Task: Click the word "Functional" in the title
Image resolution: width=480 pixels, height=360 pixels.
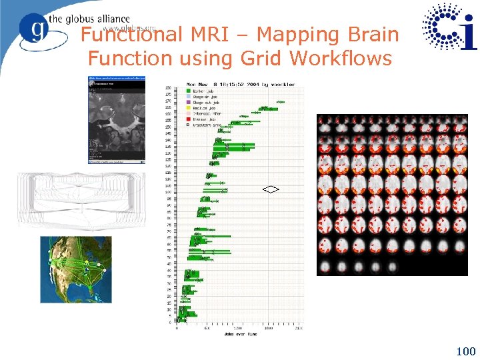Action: point(132,35)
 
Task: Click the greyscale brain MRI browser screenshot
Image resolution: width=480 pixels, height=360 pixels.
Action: point(117,119)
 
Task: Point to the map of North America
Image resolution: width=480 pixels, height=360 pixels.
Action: point(76,269)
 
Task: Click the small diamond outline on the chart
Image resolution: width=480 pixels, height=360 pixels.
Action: point(271,189)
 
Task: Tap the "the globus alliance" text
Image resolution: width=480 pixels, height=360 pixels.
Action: point(98,19)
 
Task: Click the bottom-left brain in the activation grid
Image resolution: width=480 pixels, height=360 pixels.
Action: point(325,267)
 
